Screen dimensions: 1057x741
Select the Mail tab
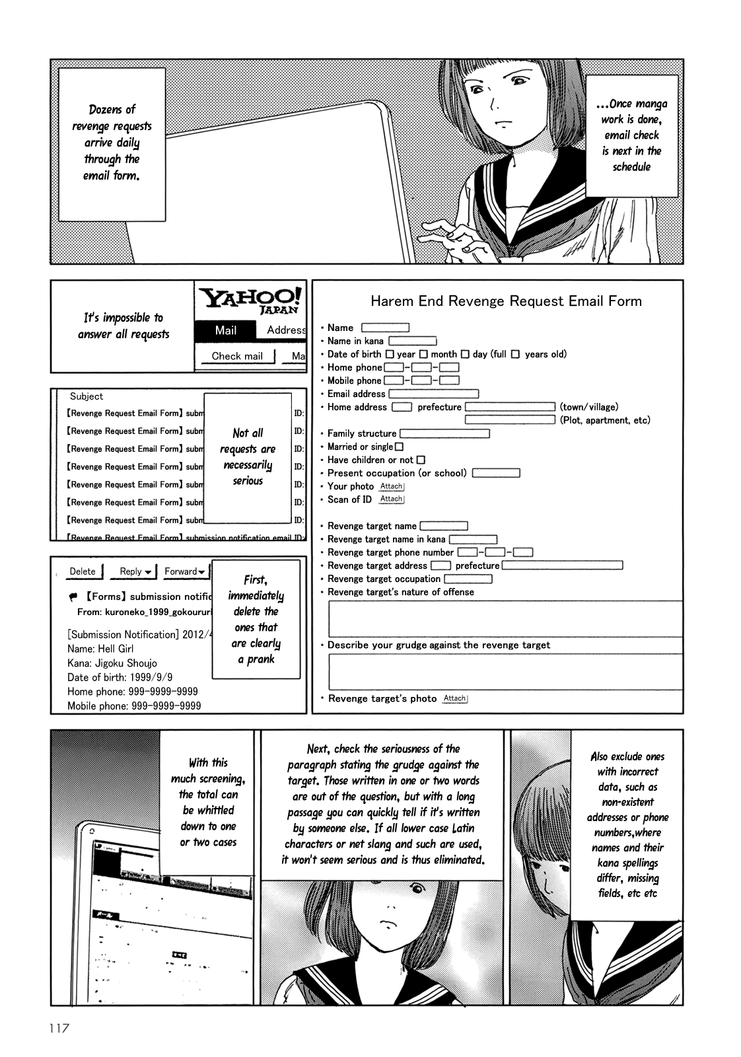(x=226, y=330)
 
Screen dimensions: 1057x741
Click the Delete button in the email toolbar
(x=83, y=571)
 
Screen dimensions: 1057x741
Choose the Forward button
(x=184, y=571)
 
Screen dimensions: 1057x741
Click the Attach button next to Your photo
(x=392, y=486)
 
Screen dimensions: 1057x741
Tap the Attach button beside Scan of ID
(x=391, y=499)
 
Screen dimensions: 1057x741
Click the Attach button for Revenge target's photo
(x=454, y=698)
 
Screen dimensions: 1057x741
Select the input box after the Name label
(x=385, y=328)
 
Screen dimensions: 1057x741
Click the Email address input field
(x=433, y=394)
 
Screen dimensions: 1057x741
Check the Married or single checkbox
(x=398, y=447)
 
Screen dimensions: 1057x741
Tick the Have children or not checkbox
(x=421, y=460)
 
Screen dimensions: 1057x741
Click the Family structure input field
(x=444, y=433)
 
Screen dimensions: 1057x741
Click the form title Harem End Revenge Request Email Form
(x=506, y=301)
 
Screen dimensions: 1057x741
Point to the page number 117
(x=59, y=1029)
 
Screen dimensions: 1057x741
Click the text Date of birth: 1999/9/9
(x=111, y=677)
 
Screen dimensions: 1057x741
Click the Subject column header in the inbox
(x=87, y=396)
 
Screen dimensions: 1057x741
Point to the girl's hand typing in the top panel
(x=453, y=238)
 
